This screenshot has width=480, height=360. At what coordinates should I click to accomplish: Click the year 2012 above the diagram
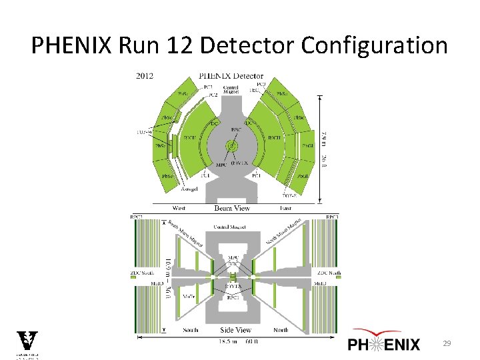click(x=144, y=75)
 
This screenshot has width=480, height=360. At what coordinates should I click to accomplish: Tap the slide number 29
click(x=447, y=343)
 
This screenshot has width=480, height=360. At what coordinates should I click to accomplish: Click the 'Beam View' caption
click(x=231, y=208)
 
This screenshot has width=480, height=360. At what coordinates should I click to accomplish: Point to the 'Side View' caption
click(x=235, y=330)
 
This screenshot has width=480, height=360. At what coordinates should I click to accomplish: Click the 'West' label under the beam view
click(x=180, y=207)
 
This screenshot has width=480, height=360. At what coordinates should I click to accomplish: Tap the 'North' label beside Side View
click(x=281, y=329)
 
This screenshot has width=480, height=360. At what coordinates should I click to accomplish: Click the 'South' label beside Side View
click(x=190, y=329)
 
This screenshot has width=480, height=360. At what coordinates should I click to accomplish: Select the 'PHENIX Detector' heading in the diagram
click(x=231, y=76)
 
